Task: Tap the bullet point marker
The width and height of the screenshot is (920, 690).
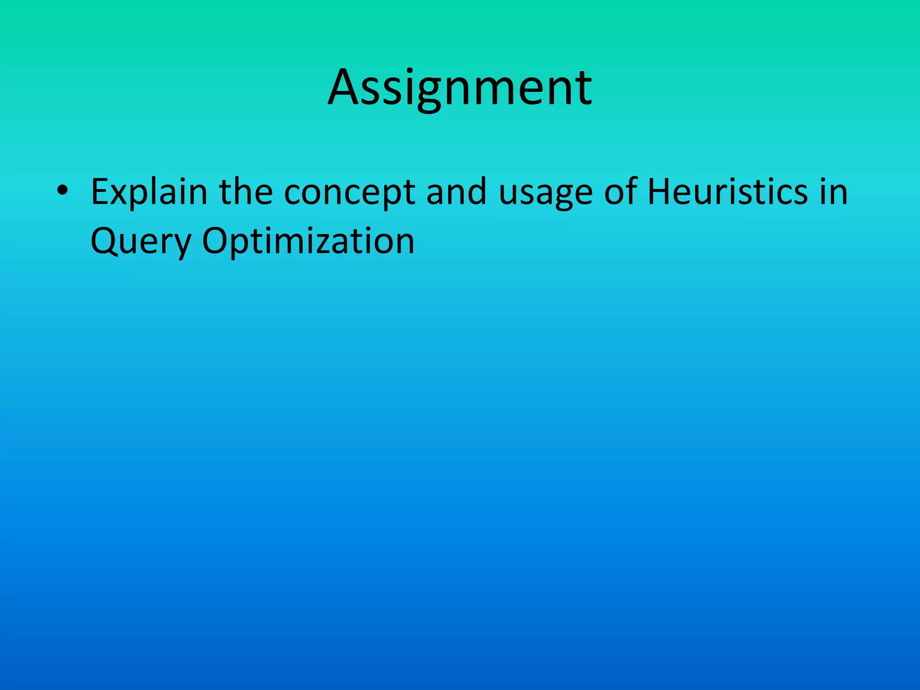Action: (62, 191)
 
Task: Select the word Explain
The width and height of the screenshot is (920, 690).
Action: (149, 192)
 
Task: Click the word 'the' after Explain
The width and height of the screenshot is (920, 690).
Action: (246, 191)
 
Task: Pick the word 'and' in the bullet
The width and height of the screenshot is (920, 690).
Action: (456, 191)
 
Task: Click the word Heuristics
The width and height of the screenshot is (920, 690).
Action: (728, 191)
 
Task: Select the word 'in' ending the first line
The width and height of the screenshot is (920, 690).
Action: (834, 191)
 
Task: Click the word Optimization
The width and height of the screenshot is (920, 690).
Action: (308, 242)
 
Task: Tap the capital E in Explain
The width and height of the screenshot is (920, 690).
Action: (99, 191)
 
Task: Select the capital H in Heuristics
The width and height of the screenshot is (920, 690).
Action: (659, 191)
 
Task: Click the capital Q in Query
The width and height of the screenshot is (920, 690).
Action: (104, 242)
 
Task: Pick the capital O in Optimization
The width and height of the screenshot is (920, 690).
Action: (215, 241)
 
